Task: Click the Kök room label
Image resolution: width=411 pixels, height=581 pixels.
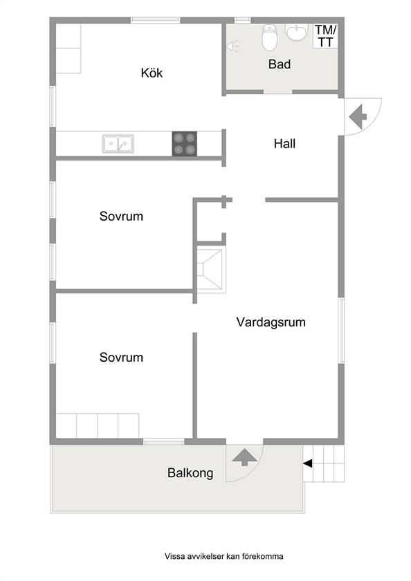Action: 152,73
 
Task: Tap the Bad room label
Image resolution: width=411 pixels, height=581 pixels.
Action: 280,64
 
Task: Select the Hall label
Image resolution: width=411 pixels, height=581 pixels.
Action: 284,143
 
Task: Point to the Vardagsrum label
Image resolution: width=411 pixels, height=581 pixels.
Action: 271,322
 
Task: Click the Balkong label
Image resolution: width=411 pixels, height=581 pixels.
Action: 190,473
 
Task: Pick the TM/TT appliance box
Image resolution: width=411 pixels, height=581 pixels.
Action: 325,36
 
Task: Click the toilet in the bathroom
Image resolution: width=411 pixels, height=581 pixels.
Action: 269,37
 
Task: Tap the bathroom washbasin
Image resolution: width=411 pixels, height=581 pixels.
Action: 296,32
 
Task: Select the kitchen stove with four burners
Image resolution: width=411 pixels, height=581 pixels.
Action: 184,143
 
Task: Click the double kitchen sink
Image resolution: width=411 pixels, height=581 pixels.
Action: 118,144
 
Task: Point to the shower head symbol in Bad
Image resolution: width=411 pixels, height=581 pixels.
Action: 232,46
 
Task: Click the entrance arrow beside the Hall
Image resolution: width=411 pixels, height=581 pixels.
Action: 358,117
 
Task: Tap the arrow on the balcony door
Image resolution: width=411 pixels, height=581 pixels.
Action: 245,457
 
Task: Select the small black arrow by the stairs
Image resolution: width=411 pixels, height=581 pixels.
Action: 308,463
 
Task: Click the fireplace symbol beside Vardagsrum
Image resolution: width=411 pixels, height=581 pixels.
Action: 211,267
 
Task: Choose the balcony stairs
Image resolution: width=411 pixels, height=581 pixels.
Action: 324,463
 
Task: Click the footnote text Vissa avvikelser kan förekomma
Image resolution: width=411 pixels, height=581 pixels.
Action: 224,556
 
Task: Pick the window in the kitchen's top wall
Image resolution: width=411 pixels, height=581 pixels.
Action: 155,20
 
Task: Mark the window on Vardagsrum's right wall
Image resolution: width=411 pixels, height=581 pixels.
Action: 341,330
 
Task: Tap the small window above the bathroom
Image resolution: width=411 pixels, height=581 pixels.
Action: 243,20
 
